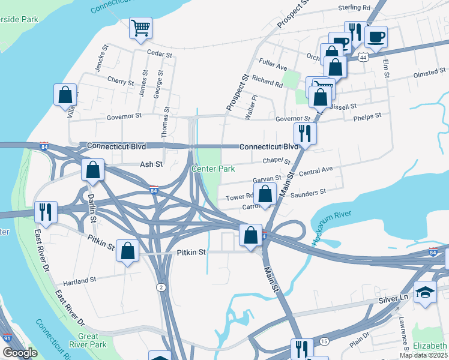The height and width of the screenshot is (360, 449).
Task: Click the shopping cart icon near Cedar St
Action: coord(140,28)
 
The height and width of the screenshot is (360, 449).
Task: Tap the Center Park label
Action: coord(213,169)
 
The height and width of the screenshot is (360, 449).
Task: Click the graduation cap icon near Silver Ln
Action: coord(425,292)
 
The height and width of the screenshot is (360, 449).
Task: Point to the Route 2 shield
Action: coord(161,287)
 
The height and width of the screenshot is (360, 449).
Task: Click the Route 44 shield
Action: coord(362,57)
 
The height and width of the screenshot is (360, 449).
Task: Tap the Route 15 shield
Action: coord(324,341)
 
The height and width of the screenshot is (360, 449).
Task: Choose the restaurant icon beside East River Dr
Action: coord(46,212)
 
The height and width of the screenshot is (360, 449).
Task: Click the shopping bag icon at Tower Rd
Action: coord(265,194)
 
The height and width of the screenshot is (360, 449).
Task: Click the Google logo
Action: coord(20,353)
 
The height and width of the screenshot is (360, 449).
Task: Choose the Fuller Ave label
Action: coord(273,62)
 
